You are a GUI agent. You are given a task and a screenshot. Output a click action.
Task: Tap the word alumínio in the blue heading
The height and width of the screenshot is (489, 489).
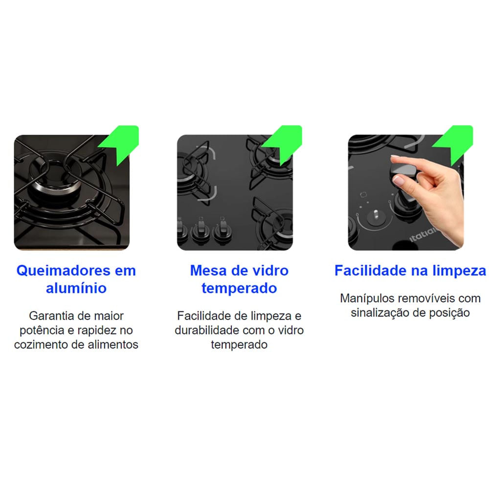coord(76,288)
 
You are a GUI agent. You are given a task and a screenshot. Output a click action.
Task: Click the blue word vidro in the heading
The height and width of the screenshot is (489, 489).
coord(270,270)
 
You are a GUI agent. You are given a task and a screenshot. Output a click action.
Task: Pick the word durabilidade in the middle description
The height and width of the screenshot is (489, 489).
coord(207,330)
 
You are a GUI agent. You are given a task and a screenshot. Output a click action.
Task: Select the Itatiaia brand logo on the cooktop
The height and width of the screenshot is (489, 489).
coord(422,235)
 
